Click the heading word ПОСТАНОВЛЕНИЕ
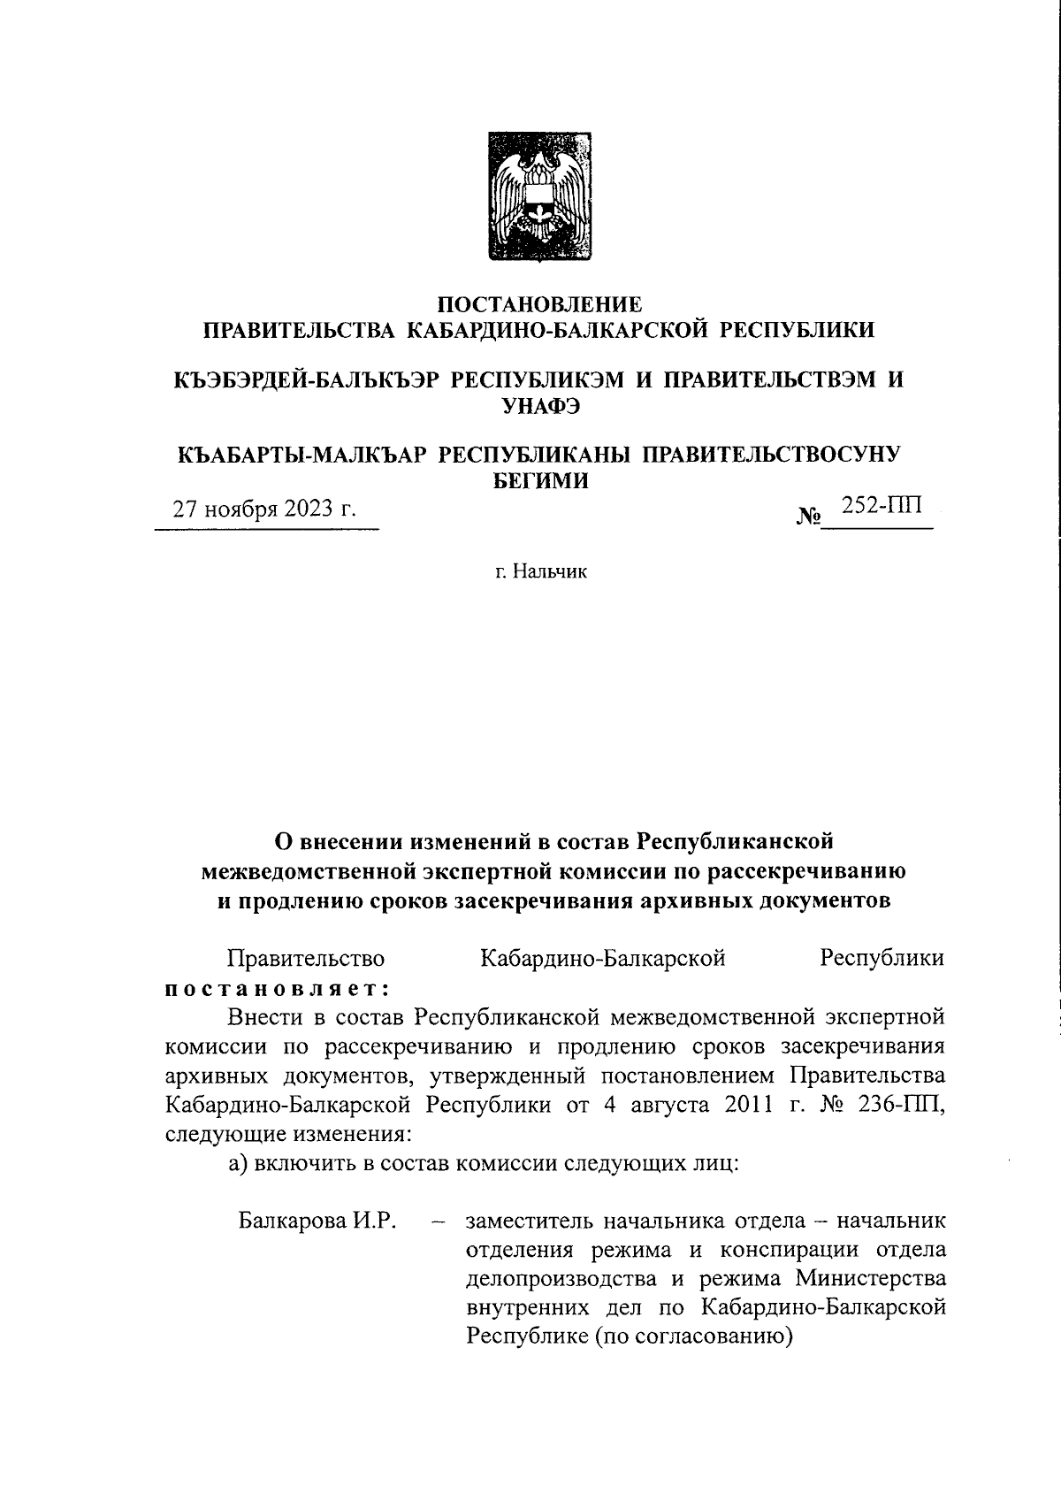point(540,305)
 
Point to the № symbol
point(810,515)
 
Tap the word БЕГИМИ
point(539,480)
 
